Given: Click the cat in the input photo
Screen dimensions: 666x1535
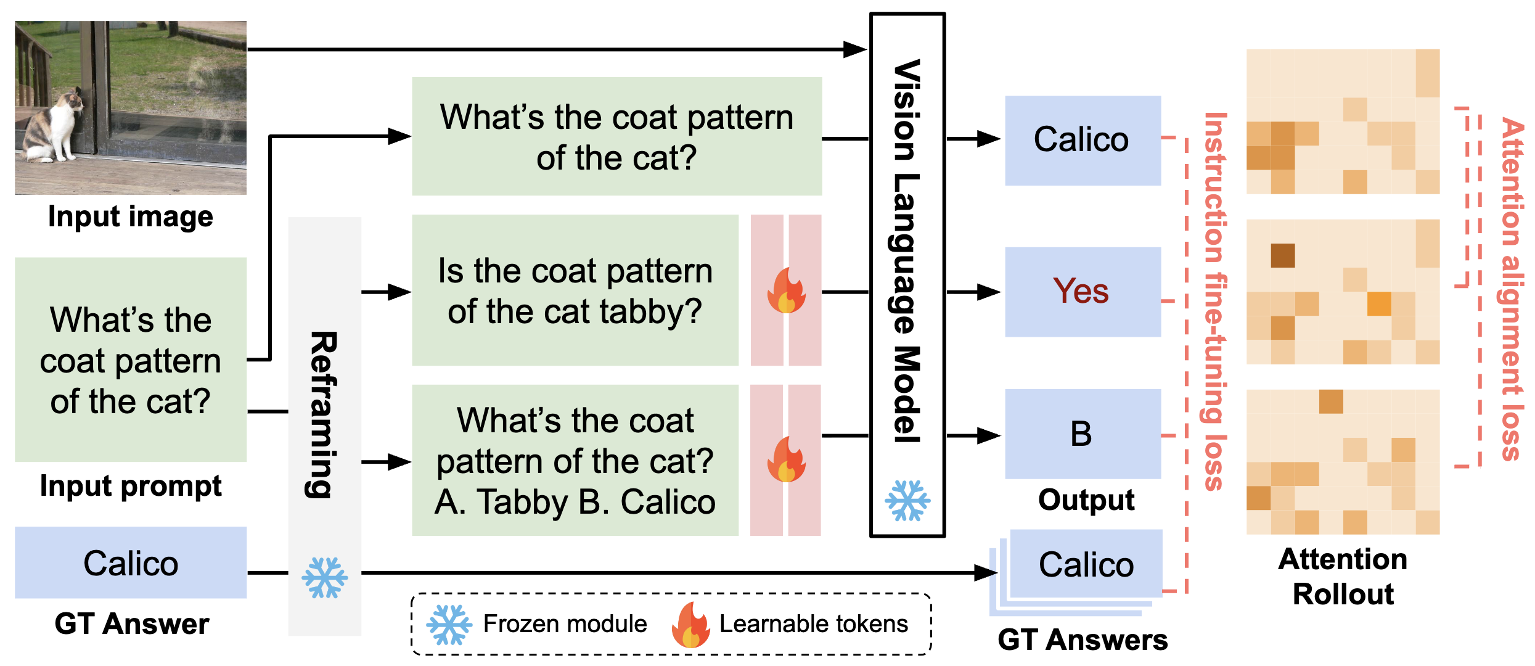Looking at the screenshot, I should tap(52, 129).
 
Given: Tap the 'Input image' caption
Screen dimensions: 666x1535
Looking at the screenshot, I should tap(131, 216).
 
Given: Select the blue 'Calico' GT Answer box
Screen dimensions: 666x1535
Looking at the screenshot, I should tap(131, 562).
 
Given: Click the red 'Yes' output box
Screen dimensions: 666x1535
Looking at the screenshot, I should tap(1083, 292).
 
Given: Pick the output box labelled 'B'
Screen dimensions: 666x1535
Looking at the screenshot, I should tap(1083, 434).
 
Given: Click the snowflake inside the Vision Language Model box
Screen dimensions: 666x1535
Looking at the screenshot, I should tap(907, 500).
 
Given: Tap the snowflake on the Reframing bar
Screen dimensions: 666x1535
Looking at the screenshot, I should tap(324, 578).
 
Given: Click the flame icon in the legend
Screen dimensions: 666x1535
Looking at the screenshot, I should tap(690, 625).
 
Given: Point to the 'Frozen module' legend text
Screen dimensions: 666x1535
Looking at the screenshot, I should tap(565, 624).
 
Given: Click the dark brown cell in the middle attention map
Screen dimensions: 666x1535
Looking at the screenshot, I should tap(1283, 255).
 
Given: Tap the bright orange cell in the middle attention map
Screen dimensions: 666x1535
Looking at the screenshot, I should tap(1379, 303).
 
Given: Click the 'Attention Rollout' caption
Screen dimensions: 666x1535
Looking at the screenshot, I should tap(1343, 577).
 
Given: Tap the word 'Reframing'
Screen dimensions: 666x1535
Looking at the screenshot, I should tap(323, 414).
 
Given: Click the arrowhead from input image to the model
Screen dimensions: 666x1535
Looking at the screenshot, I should tap(855, 49).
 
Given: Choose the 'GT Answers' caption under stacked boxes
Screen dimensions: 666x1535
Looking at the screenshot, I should tap(1083, 640).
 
